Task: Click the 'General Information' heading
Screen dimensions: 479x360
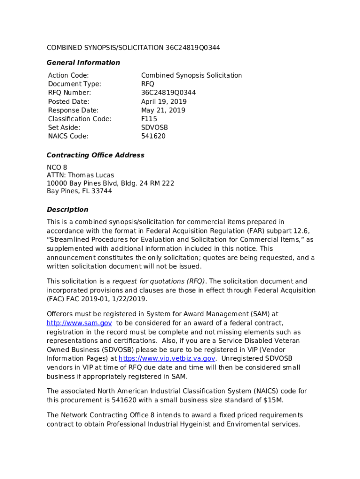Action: coord(83,63)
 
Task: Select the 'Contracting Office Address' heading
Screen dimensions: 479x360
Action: coord(95,155)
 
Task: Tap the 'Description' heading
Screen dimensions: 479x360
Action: coord(67,210)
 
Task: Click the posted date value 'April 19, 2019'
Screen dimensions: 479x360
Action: coord(164,102)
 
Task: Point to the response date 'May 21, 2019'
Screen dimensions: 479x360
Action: coord(163,110)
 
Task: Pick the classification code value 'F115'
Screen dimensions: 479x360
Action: coord(149,119)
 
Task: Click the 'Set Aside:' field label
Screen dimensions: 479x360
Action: coord(64,128)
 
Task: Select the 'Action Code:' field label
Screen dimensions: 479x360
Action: coord(68,75)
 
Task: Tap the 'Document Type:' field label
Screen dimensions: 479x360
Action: coord(74,84)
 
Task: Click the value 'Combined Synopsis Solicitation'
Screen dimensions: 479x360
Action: coord(191,75)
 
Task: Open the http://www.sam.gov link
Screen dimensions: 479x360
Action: coord(79,323)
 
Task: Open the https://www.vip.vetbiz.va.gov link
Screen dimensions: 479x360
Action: coord(167,358)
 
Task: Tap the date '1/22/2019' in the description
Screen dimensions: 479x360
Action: coord(132,299)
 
